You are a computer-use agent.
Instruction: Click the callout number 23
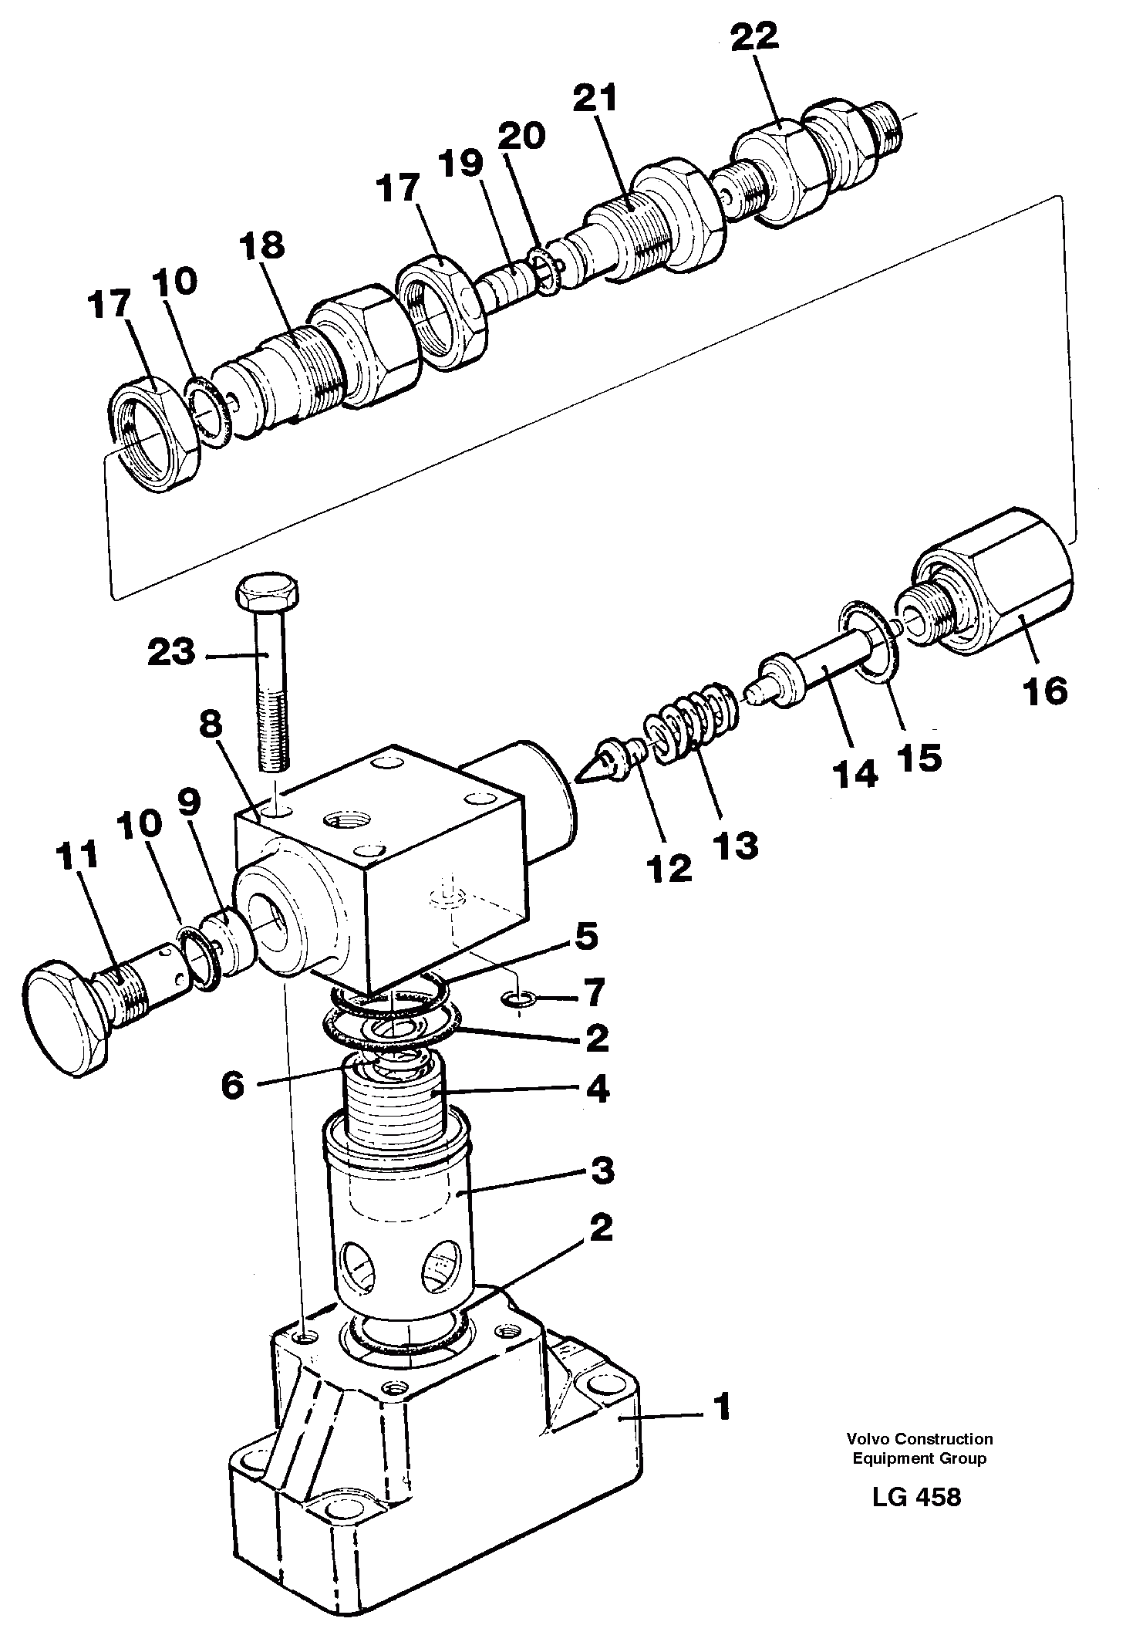(170, 654)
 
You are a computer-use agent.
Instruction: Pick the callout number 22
(755, 38)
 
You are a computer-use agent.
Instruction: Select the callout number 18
(261, 246)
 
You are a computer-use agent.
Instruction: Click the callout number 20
(521, 136)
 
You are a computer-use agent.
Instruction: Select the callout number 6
(232, 1085)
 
